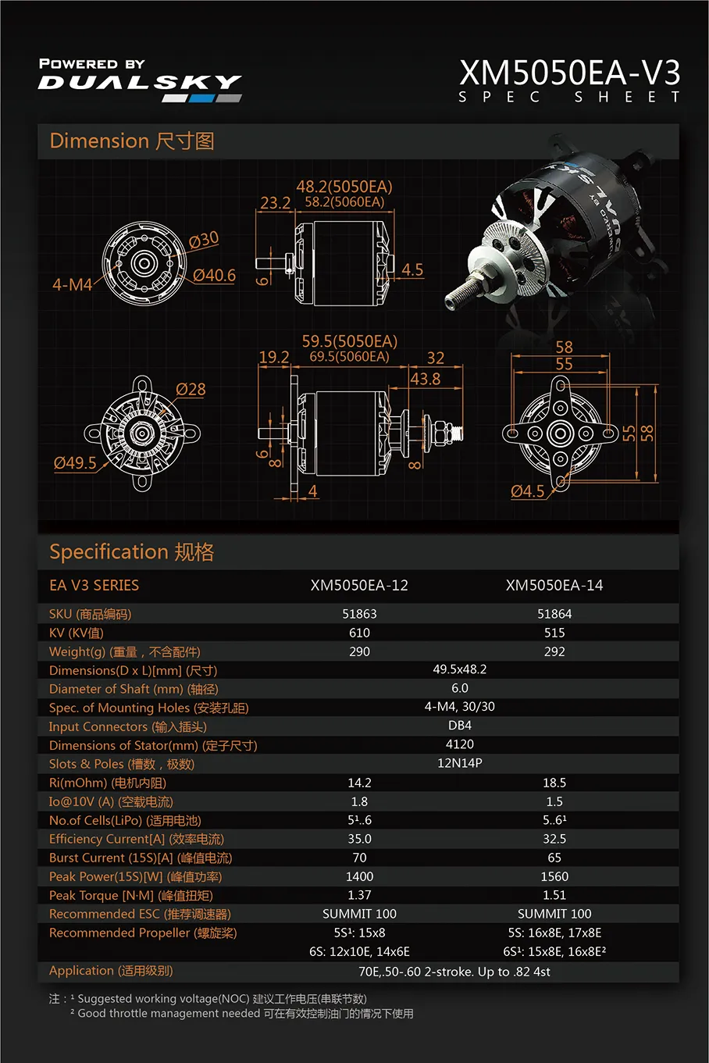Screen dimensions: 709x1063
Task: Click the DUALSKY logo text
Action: coord(140,82)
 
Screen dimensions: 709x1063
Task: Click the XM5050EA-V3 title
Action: coord(569,73)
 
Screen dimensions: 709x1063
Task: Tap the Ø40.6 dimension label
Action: coord(214,275)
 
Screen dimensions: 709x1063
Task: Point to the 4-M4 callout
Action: coord(72,285)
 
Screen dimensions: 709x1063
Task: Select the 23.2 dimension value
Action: coord(276,203)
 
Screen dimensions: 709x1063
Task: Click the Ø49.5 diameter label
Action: coord(75,462)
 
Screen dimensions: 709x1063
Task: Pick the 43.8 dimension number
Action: coord(426,379)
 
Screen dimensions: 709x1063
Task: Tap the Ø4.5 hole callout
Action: coord(527,491)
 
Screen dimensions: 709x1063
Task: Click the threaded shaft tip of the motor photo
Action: coord(451,301)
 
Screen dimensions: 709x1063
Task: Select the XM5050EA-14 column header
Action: coord(554,585)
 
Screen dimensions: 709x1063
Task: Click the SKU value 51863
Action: coord(359,614)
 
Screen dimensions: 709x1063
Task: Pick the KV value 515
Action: coord(554,633)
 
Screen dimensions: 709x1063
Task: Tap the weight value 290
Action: coord(359,651)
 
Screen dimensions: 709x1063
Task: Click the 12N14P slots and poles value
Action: coord(459,763)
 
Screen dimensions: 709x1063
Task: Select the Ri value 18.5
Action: coord(554,783)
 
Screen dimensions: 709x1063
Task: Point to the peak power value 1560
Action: coord(554,876)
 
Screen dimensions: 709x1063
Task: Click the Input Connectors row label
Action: coord(127,726)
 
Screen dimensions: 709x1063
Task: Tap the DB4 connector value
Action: coord(459,726)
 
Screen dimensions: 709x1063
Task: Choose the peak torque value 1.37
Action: coord(359,895)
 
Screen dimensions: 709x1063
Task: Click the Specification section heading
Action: coord(131,552)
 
